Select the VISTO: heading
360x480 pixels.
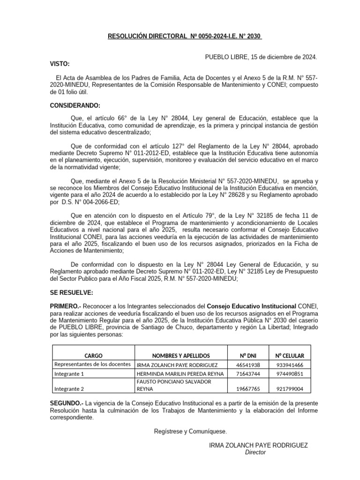(x=60, y=64)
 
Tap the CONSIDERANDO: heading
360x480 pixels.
(x=75, y=105)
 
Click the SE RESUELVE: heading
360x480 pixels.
(x=72, y=293)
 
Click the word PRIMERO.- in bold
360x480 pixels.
(x=66, y=306)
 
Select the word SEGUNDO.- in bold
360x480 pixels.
(x=67, y=404)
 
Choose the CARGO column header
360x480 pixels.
(x=93, y=356)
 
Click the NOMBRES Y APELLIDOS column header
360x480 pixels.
(x=181, y=356)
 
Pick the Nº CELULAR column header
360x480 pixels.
(x=289, y=356)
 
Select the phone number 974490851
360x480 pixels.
(x=289, y=374)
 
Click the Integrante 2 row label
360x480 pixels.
(x=69, y=389)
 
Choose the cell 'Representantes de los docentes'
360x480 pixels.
(x=93, y=364)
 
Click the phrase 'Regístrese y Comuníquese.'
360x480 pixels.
(x=190, y=431)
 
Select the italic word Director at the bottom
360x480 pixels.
(x=255, y=452)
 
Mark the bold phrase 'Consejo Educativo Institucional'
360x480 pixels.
(x=251, y=306)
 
